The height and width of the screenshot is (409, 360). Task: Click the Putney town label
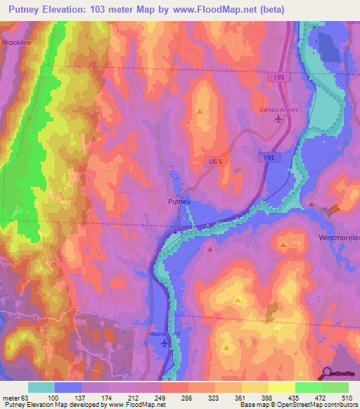click(x=178, y=202)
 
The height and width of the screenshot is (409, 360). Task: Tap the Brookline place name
click(x=17, y=43)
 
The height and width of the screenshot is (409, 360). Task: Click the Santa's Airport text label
click(x=279, y=110)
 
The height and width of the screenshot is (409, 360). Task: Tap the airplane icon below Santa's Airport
click(x=279, y=119)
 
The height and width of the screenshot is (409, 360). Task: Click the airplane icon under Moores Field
click(x=165, y=343)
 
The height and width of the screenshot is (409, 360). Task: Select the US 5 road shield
click(x=215, y=162)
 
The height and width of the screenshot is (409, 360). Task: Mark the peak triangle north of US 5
click(x=200, y=111)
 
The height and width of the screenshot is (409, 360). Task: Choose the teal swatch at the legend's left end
click(x=41, y=387)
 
